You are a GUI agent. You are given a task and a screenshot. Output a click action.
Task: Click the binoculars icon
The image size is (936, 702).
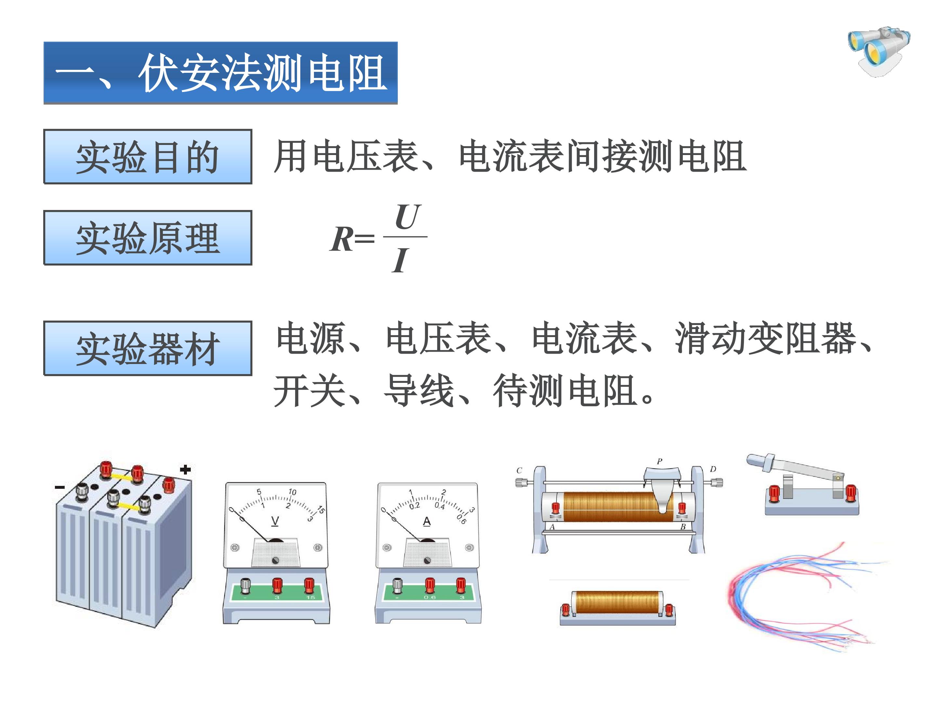click(879, 52)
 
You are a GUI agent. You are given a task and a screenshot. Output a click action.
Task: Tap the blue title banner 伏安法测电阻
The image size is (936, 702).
click(220, 73)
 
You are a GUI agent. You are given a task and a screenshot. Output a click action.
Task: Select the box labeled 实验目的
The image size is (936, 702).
click(148, 157)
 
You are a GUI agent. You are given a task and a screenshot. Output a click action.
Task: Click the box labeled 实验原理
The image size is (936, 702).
click(148, 238)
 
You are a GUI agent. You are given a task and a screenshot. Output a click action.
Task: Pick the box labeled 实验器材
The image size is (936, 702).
click(148, 348)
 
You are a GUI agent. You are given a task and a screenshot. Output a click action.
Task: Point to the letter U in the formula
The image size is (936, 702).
click(407, 217)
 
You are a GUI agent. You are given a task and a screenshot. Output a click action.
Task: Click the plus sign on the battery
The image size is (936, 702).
click(185, 469)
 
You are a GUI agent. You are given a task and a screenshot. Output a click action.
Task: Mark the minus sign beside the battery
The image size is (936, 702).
click(60, 487)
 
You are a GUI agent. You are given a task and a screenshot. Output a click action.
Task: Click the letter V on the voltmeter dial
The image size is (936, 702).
click(275, 521)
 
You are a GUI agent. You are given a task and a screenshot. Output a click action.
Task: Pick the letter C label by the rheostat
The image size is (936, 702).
click(519, 471)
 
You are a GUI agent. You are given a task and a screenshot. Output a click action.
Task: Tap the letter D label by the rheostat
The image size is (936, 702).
click(713, 469)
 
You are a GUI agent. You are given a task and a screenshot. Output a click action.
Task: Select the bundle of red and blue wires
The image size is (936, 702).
click(806, 597)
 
